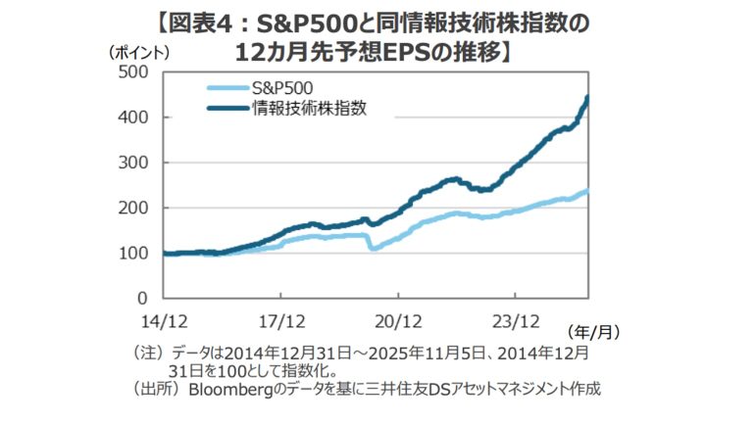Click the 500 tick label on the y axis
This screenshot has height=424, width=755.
(133, 72)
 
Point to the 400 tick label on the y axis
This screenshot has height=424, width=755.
(133, 118)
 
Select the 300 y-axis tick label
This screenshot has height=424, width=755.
(133, 163)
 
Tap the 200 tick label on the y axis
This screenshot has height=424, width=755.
(133, 208)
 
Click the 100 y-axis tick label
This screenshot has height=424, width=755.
(133, 253)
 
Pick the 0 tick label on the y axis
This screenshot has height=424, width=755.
(141, 298)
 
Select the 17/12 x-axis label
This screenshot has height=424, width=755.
(279, 319)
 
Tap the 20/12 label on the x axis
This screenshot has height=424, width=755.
(398, 319)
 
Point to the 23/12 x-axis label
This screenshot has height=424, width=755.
(517, 319)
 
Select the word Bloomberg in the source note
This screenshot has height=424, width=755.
(235, 390)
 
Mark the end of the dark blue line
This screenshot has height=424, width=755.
(586, 97)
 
